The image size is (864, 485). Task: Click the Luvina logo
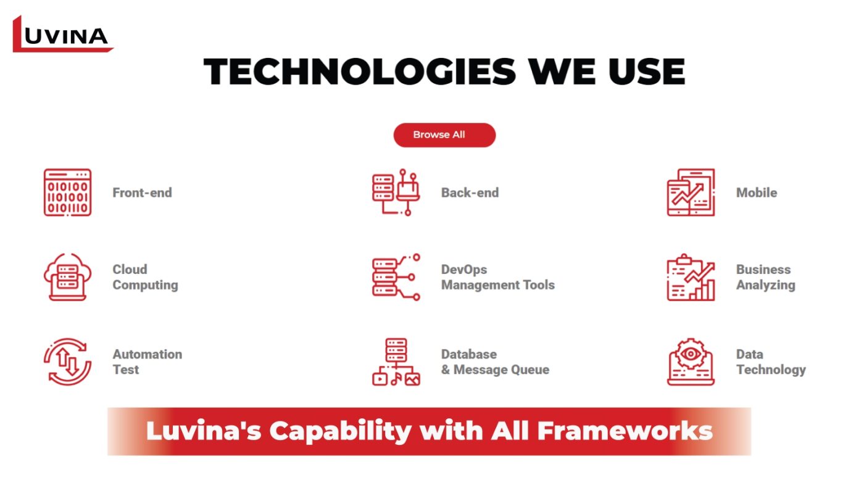coord(63,34)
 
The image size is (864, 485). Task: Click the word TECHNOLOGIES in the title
coord(359,72)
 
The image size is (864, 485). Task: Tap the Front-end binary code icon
coord(67,192)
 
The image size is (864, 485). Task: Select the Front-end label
coord(142,193)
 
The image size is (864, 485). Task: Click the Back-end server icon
coord(396,192)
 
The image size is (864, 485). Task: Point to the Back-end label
coord(470,193)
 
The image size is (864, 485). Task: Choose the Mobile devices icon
coord(691,192)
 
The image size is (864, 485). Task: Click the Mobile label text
coord(757,193)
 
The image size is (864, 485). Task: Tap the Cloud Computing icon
coord(67,277)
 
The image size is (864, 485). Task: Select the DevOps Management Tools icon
coord(396,277)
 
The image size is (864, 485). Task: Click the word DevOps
coord(464,270)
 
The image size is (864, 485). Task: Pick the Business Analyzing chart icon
coord(691,277)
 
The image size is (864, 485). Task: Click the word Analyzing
coord(766,285)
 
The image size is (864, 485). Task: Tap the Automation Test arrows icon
coord(67,362)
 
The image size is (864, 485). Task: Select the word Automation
coord(147,354)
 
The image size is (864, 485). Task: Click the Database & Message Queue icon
coord(396,362)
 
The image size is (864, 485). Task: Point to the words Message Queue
coord(501,370)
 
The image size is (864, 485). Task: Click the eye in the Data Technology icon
coord(691,354)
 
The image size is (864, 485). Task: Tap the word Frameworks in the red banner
coord(625,431)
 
